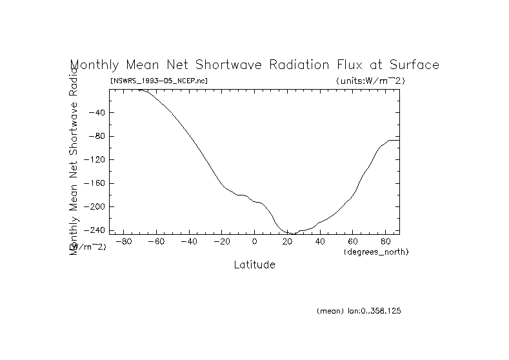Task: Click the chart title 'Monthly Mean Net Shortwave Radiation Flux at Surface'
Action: click(x=254, y=65)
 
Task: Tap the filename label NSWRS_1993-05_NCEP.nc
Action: click(x=159, y=81)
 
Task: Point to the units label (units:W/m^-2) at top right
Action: click(x=370, y=81)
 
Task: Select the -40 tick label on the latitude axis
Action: click(x=188, y=241)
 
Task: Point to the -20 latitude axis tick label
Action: click(x=221, y=241)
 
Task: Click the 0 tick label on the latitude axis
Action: click(x=255, y=241)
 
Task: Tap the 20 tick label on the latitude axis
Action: click(x=288, y=241)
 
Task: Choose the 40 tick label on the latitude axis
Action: click(x=321, y=241)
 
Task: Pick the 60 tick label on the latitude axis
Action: click(x=354, y=241)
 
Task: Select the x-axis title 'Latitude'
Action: click(x=254, y=265)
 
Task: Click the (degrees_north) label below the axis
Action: click(x=376, y=251)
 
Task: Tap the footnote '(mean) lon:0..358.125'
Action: click(x=359, y=311)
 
